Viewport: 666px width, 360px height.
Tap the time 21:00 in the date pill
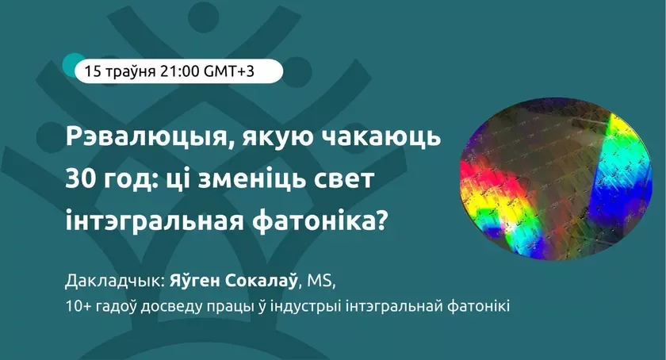pyautogui.click(x=180, y=71)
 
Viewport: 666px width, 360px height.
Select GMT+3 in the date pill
pyautogui.click(x=229, y=71)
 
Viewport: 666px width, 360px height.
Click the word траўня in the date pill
pyautogui.click(x=130, y=72)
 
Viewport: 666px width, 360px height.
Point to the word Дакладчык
pyautogui.click(x=115, y=281)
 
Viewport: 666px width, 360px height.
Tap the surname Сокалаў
pyautogui.click(x=261, y=281)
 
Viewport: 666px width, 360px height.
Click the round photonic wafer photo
pyautogui.click(x=556, y=180)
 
